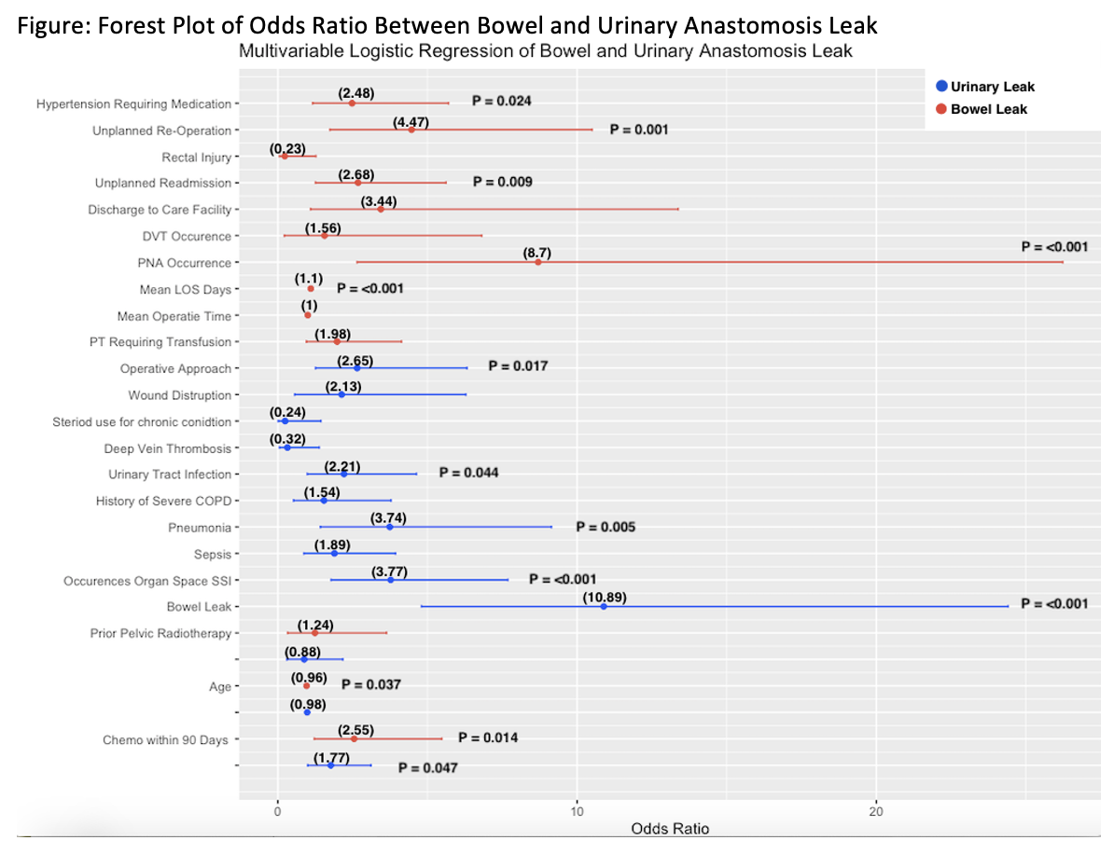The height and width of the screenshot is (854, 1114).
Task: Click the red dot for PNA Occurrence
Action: point(538,263)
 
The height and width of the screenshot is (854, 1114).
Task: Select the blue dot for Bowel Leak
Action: point(604,607)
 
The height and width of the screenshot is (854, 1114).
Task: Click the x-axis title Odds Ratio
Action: point(669,829)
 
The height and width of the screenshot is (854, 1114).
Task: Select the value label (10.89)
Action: point(604,598)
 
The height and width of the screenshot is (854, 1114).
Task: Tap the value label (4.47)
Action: point(411,120)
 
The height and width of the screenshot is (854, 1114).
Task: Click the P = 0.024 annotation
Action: point(502,101)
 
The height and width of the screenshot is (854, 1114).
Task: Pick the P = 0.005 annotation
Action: point(606,528)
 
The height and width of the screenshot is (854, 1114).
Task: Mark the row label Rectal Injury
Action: point(196,157)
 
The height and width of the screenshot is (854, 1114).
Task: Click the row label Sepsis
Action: point(212,554)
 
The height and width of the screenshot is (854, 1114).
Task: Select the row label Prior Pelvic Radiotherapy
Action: point(160,634)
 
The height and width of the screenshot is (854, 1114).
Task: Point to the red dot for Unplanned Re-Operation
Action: point(411,130)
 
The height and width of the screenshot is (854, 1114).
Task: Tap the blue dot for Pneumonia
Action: point(390,528)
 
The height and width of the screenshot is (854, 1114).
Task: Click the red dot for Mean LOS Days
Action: point(311,289)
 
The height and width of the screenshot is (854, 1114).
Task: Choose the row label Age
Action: point(220,687)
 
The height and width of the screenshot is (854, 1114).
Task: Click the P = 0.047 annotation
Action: point(427,769)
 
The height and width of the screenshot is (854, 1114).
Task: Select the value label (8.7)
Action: point(538,253)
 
